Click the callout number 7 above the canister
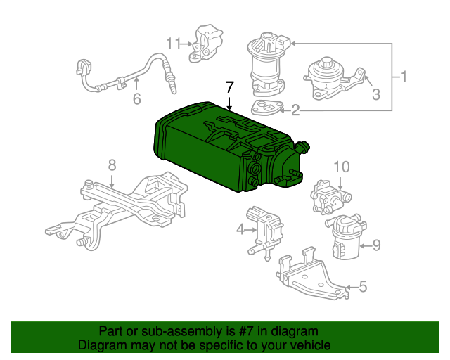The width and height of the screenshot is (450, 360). pos(228,87)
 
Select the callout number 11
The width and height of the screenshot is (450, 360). pos(174,44)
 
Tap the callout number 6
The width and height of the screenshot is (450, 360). pos(137,98)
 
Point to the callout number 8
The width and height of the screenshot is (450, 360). pos(111,166)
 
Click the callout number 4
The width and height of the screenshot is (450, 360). pos(240,229)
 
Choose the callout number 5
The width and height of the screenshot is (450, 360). pos(363,286)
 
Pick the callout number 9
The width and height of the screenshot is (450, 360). pos(376,245)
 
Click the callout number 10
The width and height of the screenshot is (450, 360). pos(340,167)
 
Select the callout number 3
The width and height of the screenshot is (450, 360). pos(376,94)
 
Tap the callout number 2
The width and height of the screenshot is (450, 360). pos(295,110)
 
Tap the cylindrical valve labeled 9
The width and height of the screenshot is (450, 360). pos(345,239)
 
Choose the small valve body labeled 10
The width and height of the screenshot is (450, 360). pos(325,197)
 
